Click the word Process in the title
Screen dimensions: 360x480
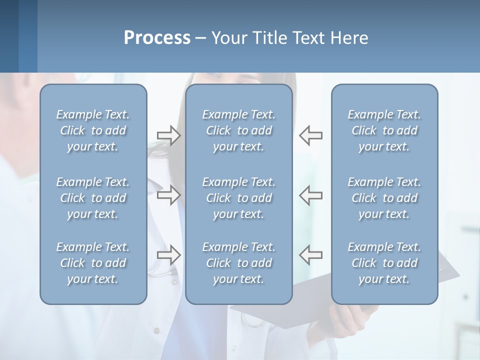pos(157,38)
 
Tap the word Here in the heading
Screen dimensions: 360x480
pos(349,38)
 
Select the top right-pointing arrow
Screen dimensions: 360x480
pos(168,135)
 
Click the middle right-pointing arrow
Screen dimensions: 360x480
pos(168,195)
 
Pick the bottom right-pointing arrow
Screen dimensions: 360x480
pos(168,255)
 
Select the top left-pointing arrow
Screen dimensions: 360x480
pos(311,135)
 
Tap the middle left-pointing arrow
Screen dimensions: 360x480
pos(311,195)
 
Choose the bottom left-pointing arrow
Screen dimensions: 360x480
pos(311,255)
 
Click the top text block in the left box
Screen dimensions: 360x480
pos(93,130)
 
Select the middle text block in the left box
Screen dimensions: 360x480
pos(93,198)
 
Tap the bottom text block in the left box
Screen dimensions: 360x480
pos(93,263)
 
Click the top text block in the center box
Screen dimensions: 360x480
pos(238,130)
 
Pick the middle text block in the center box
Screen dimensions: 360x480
pos(238,198)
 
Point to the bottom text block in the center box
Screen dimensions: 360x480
pos(238,263)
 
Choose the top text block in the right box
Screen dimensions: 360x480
pos(384,130)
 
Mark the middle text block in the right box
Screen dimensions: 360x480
pos(384,198)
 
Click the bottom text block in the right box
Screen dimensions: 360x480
pos(384,263)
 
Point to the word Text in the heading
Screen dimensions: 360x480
pos(312,38)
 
